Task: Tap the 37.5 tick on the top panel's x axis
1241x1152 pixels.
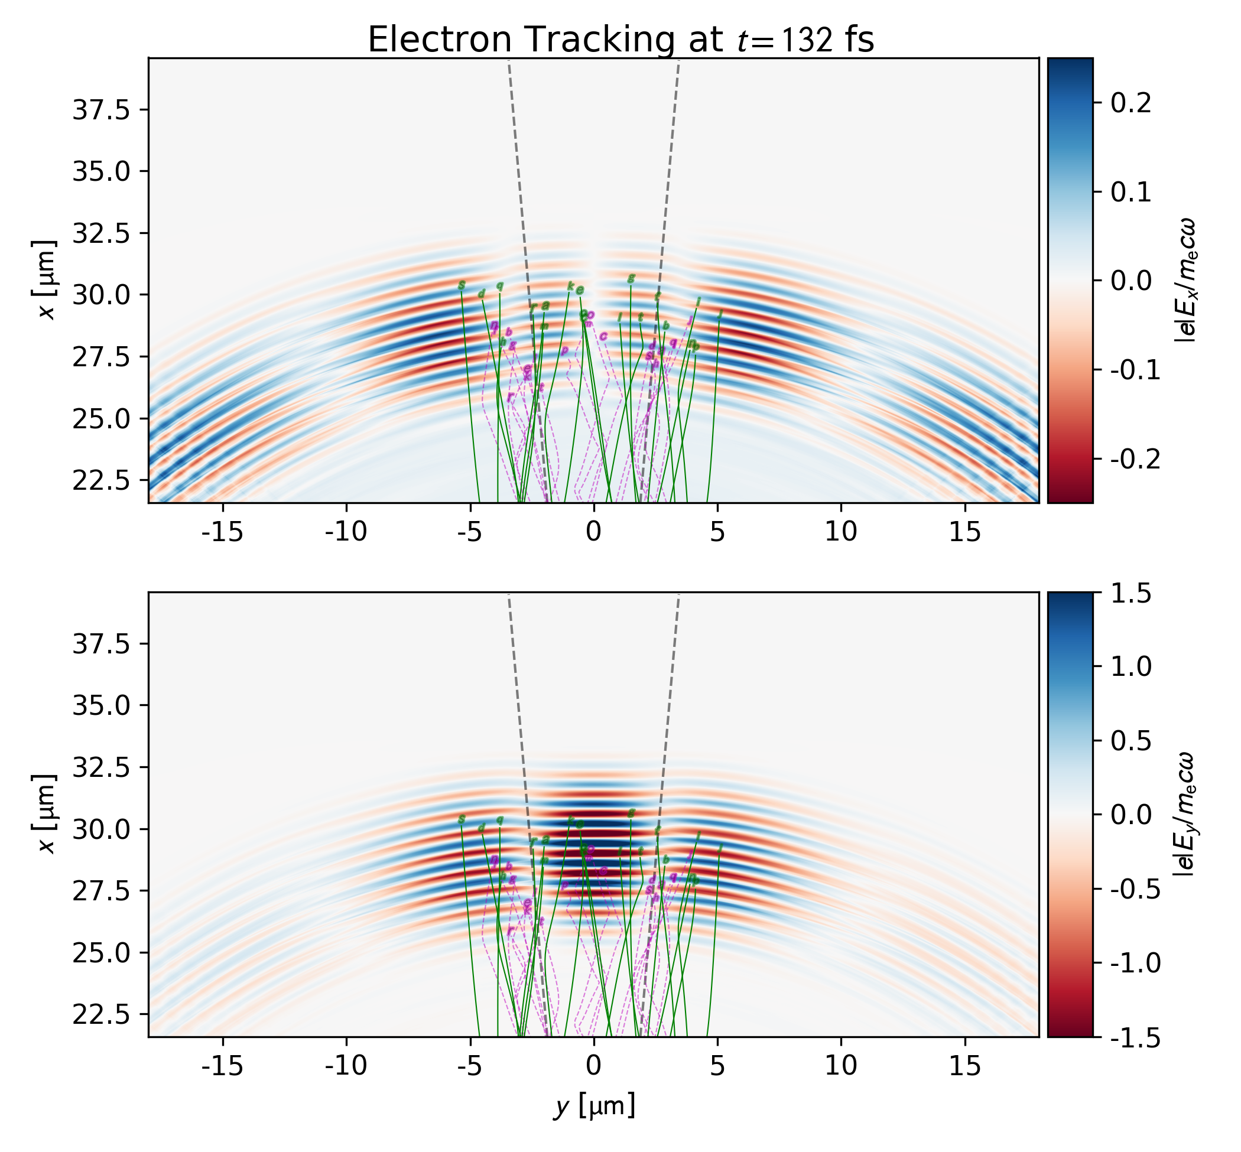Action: point(101,110)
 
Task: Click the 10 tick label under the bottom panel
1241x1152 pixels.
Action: point(841,1066)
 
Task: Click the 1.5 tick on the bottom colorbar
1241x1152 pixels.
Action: point(1130,594)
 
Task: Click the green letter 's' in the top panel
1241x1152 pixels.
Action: point(462,285)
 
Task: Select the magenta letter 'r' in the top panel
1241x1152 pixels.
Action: point(510,396)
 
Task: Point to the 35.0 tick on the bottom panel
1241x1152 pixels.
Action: point(101,705)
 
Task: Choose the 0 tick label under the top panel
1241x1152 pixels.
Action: point(594,532)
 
